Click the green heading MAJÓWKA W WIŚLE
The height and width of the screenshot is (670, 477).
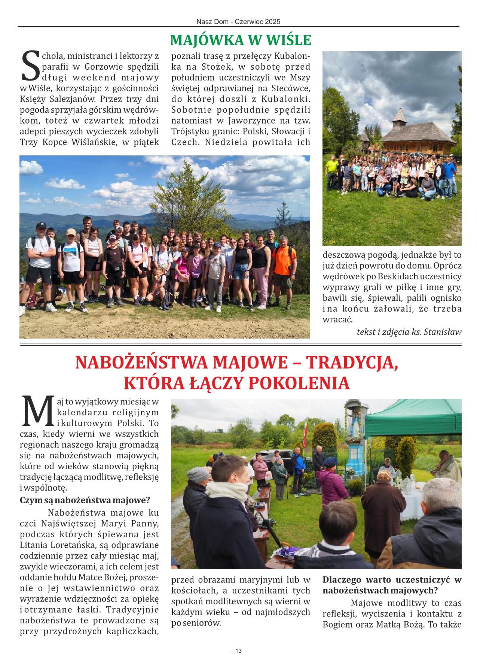[241, 40]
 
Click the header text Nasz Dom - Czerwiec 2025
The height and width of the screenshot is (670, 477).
[238, 22]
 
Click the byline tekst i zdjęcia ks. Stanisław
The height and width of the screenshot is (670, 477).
[409, 331]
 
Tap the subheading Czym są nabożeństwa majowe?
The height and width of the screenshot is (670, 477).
[85, 500]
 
